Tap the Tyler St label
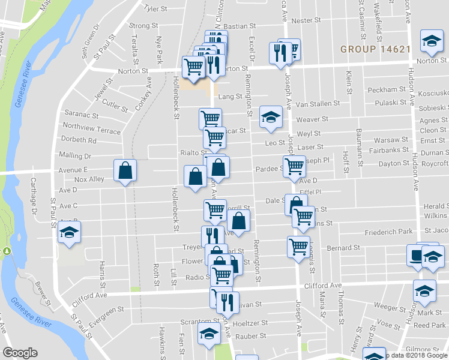click(x=155, y=9)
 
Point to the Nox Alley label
click(x=89, y=179)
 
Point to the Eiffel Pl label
click(x=310, y=192)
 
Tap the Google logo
click(x=20, y=353)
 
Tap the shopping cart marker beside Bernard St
click(x=298, y=245)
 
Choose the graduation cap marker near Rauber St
click(x=209, y=337)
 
